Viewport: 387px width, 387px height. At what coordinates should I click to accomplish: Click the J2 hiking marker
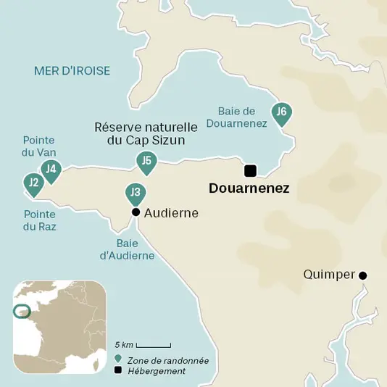tap(33, 184)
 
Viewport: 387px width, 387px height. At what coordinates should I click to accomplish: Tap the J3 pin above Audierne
tap(135, 193)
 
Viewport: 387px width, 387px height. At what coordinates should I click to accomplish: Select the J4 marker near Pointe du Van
tap(50, 171)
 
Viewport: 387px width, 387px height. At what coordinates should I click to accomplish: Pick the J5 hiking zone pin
tap(146, 162)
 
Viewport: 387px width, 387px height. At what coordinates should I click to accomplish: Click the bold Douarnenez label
tap(249, 188)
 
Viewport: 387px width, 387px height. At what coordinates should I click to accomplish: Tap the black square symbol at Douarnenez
tap(250, 171)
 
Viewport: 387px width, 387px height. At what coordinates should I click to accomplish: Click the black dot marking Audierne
tap(135, 212)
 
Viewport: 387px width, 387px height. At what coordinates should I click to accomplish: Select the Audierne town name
tap(171, 213)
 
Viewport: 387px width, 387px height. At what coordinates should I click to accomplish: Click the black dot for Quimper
tap(363, 275)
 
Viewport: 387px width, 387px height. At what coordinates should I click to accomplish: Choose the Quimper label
tap(330, 275)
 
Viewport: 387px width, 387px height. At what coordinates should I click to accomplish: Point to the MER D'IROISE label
tap(72, 70)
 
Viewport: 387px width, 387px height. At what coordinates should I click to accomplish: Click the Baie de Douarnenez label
tap(242, 117)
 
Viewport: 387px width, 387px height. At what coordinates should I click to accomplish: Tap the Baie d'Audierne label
tap(127, 249)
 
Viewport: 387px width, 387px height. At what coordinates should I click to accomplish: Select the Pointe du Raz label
tap(40, 220)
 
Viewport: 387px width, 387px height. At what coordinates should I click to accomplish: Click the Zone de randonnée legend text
tap(167, 360)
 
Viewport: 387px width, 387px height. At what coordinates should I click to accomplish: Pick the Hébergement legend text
tap(156, 371)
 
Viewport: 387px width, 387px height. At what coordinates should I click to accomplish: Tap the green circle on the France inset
tap(22, 311)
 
